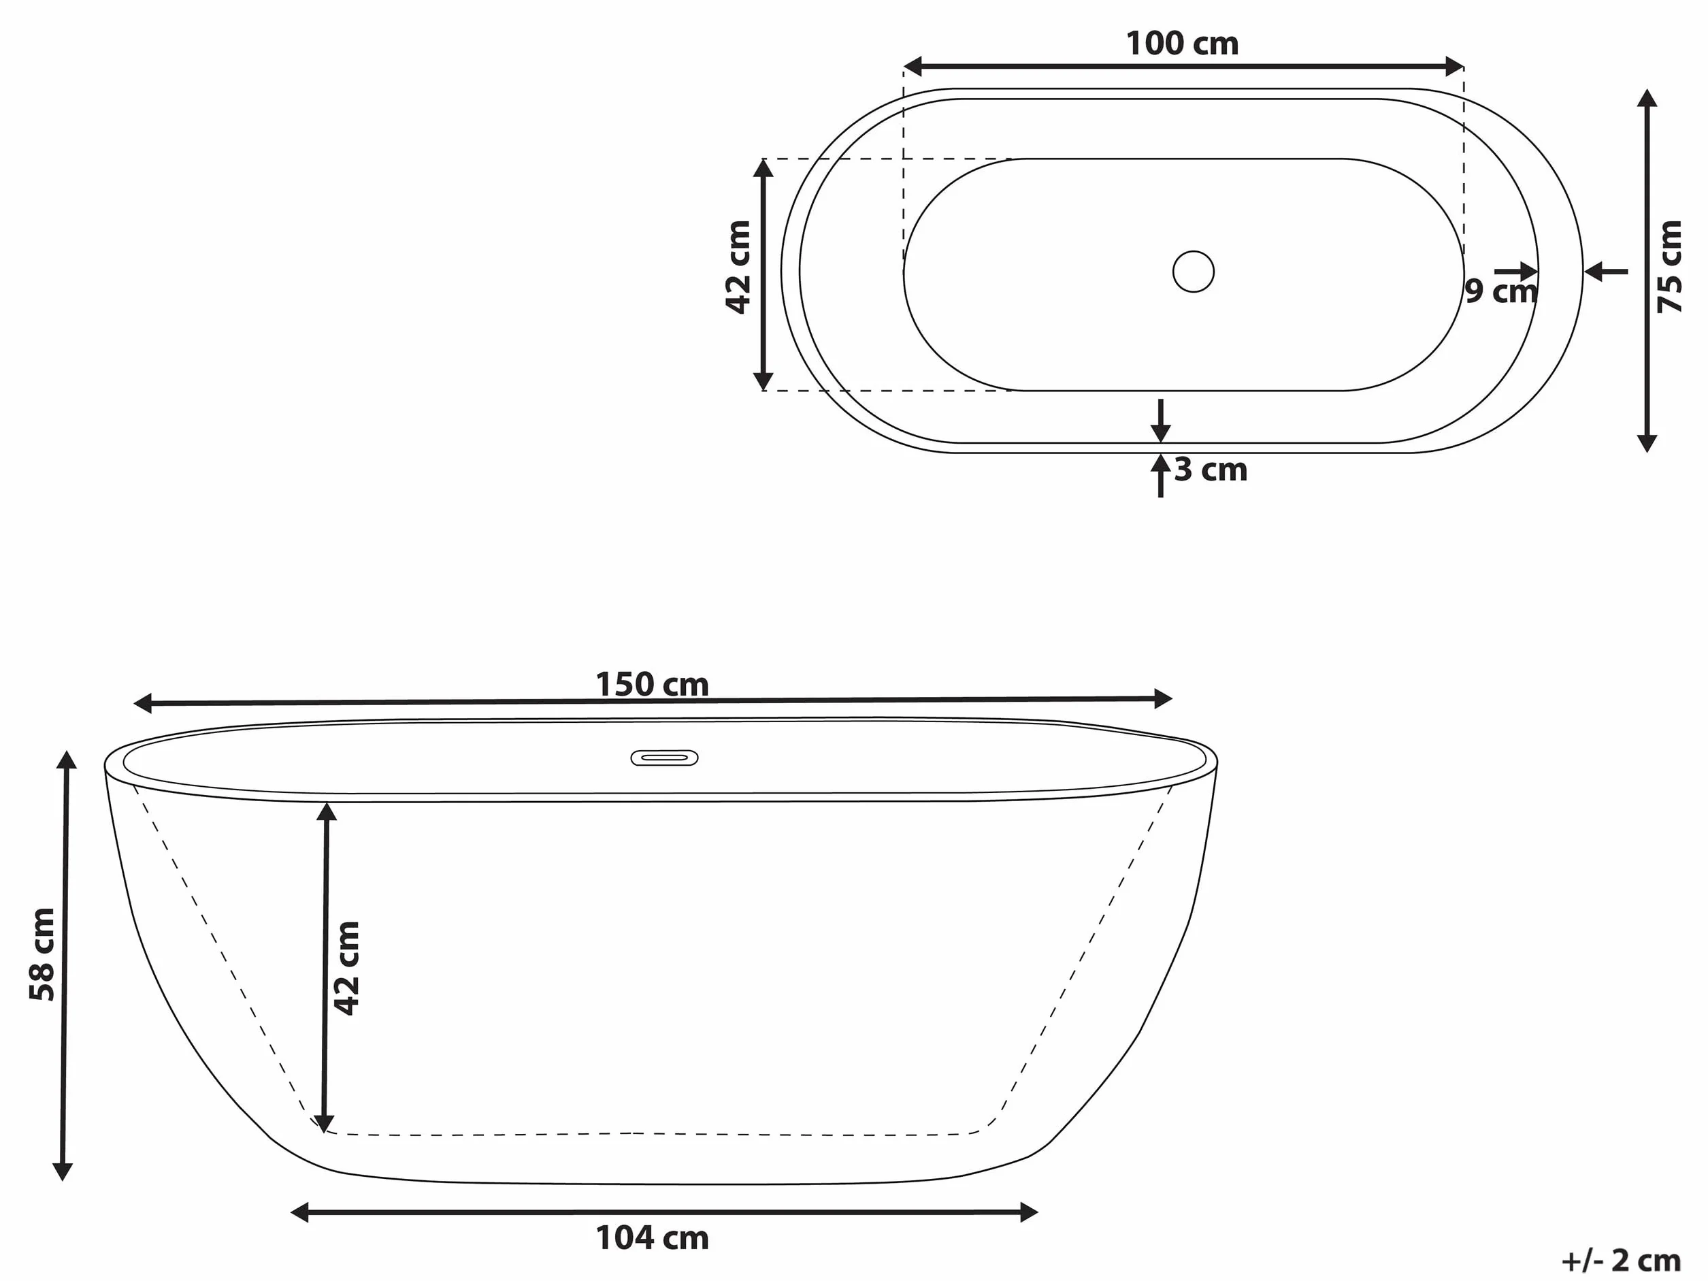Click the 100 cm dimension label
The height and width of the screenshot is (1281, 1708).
coord(1182,44)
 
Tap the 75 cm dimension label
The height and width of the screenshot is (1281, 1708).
coord(1669,266)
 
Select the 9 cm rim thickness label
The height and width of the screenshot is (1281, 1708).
coord(1500,292)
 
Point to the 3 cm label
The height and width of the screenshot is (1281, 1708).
coord(1211,470)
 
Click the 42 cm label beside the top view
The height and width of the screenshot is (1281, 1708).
coord(738,267)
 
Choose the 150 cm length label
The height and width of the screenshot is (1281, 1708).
coord(652,685)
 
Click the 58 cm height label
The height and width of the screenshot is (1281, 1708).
coord(42,955)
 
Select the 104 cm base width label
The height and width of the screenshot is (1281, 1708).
coord(653,1239)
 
